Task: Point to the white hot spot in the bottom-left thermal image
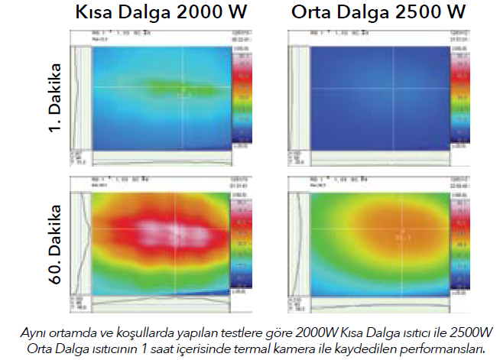click(x=177, y=234)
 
